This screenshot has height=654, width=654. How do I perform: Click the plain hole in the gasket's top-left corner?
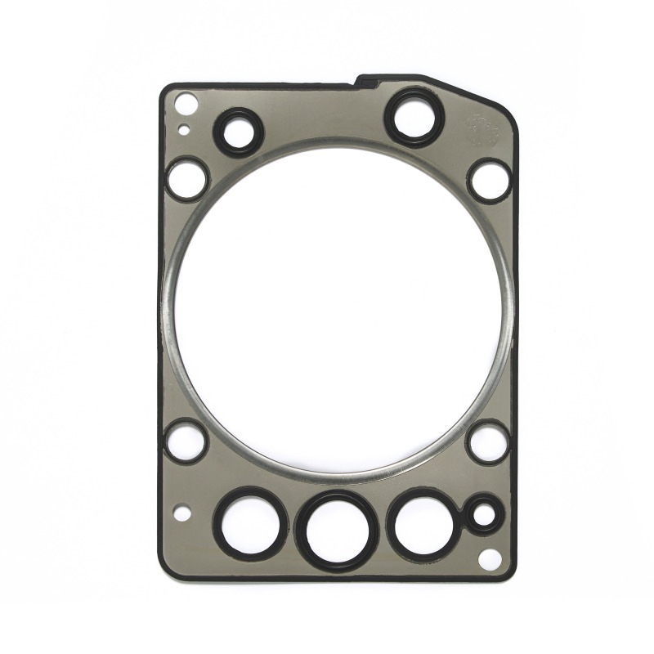click(x=186, y=104)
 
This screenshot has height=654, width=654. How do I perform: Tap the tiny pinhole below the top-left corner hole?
click(x=186, y=128)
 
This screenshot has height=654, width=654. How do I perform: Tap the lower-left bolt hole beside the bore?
click(x=186, y=440)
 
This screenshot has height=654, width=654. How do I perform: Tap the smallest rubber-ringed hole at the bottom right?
click(x=484, y=515)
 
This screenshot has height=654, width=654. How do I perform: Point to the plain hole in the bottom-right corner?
click(x=490, y=560)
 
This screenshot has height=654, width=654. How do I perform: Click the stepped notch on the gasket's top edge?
click(x=364, y=79)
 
